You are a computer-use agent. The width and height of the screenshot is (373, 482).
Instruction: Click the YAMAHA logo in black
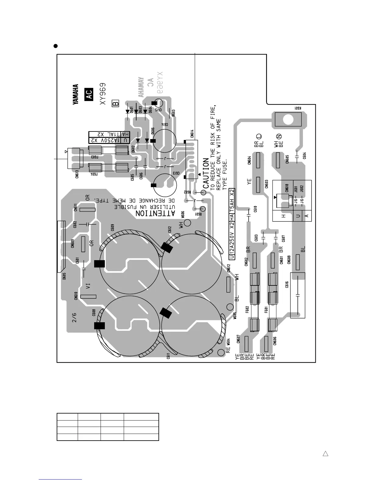75,95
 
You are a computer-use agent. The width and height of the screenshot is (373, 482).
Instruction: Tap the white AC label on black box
89,95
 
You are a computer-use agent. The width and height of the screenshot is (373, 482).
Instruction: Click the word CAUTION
206,173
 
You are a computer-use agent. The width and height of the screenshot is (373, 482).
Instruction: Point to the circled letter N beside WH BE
279,137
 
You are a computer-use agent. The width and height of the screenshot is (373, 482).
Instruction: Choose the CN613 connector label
77,174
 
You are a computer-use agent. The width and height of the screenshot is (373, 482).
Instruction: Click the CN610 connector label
76,296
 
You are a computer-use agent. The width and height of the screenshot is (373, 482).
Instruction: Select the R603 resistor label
173,113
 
